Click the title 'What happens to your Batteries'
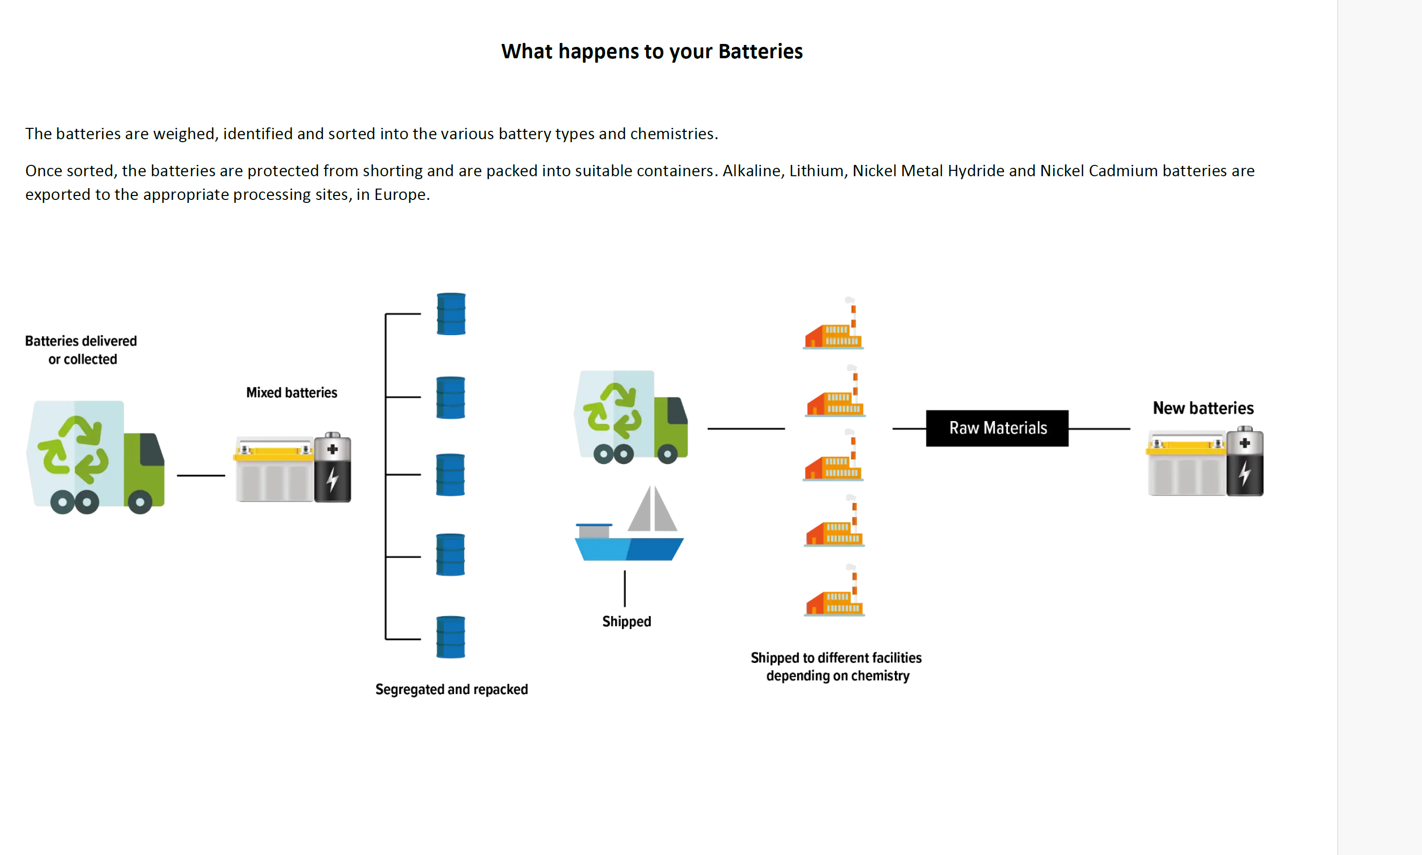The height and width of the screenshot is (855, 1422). point(652,51)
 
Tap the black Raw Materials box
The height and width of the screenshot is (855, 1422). point(997,428)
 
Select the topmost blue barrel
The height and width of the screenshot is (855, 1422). point(451,314)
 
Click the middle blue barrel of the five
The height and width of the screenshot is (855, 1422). point(450,475)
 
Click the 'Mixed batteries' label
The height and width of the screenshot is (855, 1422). point(291,393)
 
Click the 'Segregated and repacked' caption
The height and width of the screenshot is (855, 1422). point(452,690)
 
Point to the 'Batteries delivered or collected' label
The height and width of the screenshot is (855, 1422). point(81,350)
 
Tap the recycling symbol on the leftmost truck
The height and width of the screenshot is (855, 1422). point(74,449)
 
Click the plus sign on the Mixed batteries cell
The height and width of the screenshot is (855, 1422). point(332,449)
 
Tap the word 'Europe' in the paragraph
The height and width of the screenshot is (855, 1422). point(400,194)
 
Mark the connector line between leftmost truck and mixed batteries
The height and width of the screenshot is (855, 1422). point(200,475)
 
